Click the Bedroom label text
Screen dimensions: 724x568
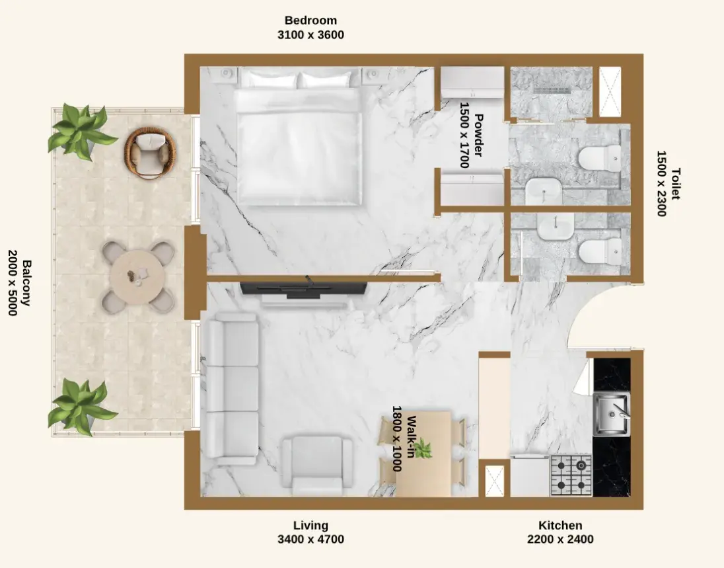[x=310, y=20]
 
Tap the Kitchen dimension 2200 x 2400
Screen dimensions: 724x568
[x=560, y=540]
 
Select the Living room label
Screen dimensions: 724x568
[x=310, y=526]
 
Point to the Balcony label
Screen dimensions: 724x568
[x=27, y=283]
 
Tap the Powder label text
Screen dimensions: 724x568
[x=478, y=135]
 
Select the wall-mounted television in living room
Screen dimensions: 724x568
[x=303, y=288]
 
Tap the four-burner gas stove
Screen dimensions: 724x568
[x=571, y=475]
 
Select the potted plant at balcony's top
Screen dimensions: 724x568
[x=81, y=131]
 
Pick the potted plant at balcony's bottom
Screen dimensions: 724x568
[x=81, y=407]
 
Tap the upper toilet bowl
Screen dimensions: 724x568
[x=599, y=158]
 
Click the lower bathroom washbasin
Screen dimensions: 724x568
[x=554, y=227]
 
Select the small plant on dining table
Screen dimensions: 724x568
[x=422, y=449]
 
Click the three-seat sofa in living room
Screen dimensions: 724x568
[x=232, y=388]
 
